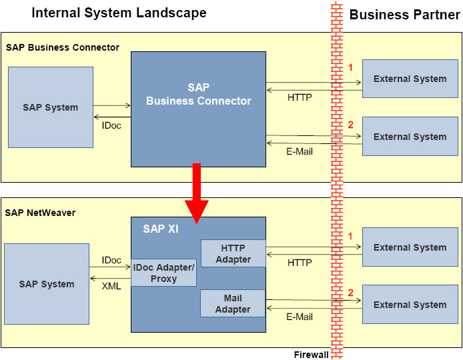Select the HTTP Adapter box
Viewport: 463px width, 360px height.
pyautogui.click(x=233, y=254)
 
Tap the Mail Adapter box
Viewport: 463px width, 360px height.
pyautogui.click(x=233, y=303)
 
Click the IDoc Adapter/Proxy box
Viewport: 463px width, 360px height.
pyautogui.click(x=163, y=273)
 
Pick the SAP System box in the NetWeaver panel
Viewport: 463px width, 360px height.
pyautogui.click(x=47, y=284)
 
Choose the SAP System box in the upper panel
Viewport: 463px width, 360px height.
pyautogui.click(x=51, y=107)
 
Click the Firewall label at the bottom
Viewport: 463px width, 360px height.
pyautogui.click(x=311, y=355)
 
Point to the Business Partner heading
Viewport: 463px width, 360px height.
pyautogui.click(x=404, y=15)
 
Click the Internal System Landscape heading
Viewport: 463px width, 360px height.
pyautogui.click(x=119, y=13)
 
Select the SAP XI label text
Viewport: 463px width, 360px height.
pyautogui.click(x=160, y=229)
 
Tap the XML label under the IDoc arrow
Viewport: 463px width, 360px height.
pyautogui.click(x=111, y=285)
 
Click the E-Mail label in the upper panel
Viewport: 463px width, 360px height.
pyautogui.click(x=300, y=151)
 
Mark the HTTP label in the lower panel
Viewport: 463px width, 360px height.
pyautogui.click(x=300, y=263)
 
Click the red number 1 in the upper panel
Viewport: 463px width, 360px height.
pyautogui.click(x=350, y=67)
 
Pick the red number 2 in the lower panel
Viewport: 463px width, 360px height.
pyautogui.click(x=350, y=292)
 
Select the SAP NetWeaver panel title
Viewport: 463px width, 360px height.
pyautogui.click(x=41, y=213)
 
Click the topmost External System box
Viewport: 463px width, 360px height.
pyautogui.click(x=410, y=79)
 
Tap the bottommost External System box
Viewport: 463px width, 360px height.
pyautogui.click(x=410, y=305)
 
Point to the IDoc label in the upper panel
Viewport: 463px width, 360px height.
pyautogui.click(x=111, y=125)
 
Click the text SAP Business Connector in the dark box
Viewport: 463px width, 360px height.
pyautogui.click(x=199, y=95)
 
